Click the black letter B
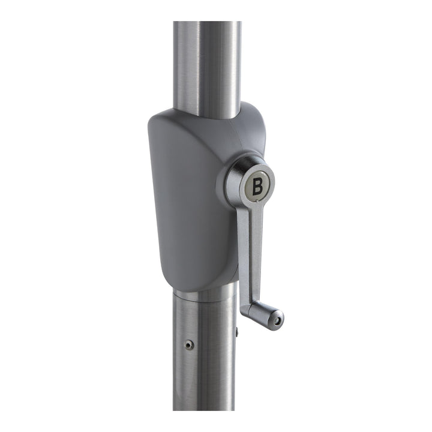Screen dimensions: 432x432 pos(257,187)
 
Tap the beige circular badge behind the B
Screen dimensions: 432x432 pos(257,186)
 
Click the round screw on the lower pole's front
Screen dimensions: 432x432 pos(189,344)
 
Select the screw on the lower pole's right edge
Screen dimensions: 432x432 pos(236,332)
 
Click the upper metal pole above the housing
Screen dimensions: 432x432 pos(207,69)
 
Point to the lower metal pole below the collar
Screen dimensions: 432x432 pos(204,355)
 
